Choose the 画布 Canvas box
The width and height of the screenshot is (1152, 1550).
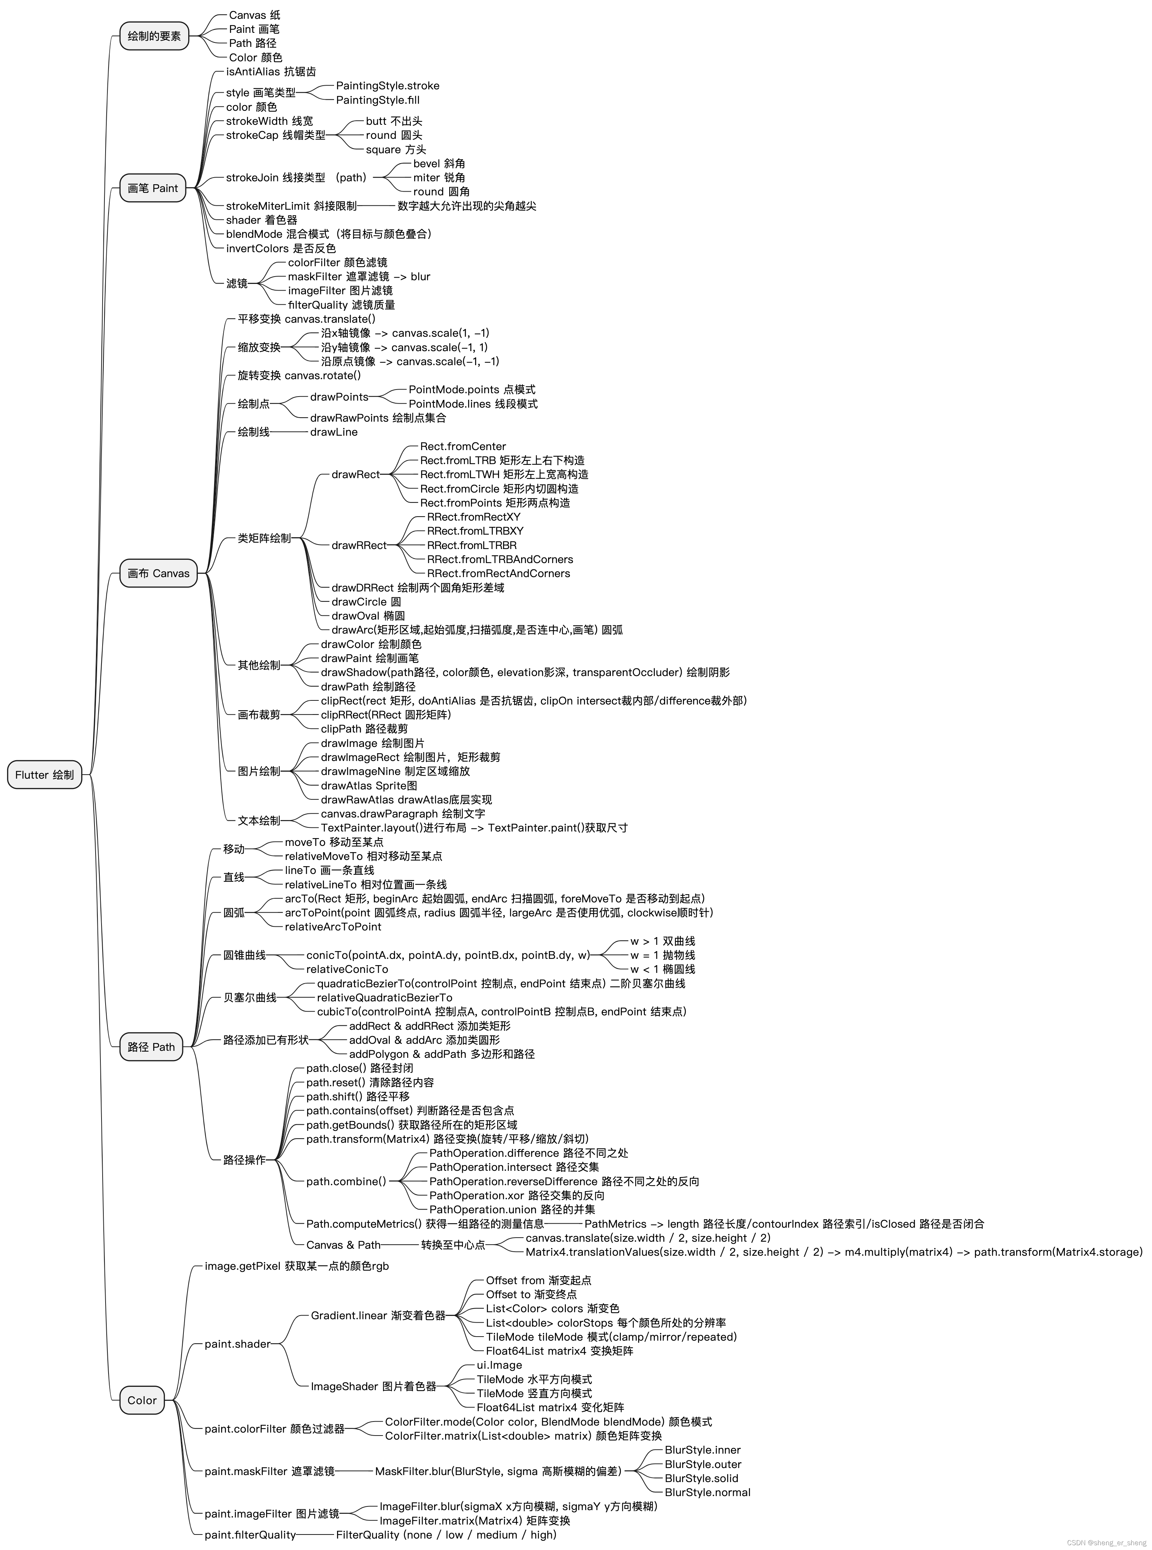pos(158,573)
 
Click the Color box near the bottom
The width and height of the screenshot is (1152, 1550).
pos(142,1414)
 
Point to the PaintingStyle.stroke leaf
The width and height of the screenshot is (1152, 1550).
pos(388,86)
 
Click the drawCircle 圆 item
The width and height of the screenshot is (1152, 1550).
pos(366,602)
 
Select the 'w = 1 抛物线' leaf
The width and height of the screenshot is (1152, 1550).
pos(663,955)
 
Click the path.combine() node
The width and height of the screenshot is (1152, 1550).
pos(346,1182)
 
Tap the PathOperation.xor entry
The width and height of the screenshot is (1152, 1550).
pos(517,1196)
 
